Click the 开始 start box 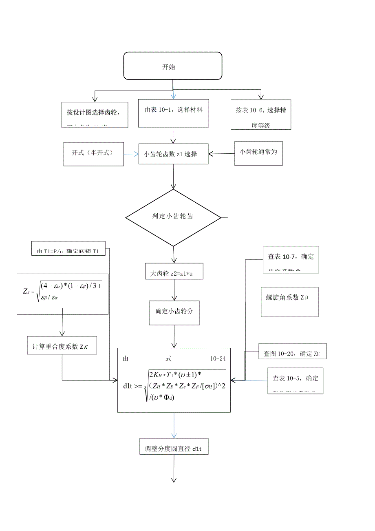(173, 66)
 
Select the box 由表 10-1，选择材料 (173, 113)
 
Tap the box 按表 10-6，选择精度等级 (260, 115)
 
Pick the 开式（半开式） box (93, 154)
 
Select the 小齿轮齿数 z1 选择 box (173, 154)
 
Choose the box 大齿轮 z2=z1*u (174, 272)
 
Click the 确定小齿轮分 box (174, 312)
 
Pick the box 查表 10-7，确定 (290, 259)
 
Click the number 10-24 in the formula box (218, 358)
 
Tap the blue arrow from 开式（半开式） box (131, 154)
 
